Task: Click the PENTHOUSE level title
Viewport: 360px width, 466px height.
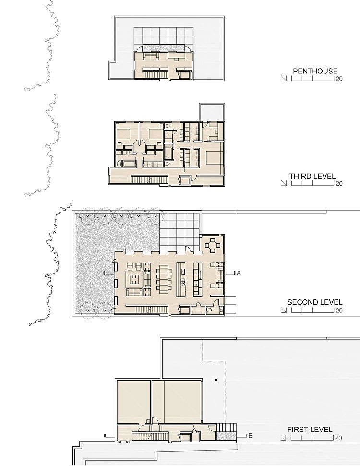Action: click(x=315, y=71)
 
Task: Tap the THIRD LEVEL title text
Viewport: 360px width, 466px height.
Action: click(x=312, y=176)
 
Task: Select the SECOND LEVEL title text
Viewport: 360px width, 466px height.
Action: click(x=314, y=302)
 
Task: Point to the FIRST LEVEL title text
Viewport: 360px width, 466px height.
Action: click(x=310, y=430)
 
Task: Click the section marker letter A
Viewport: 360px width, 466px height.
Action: click(x=239, y=273)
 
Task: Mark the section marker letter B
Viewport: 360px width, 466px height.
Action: click(x=250, y=435)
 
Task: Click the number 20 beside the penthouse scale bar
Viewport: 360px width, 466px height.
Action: click(x=339, y=79)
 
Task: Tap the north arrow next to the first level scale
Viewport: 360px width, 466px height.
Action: click(x=284, y=438)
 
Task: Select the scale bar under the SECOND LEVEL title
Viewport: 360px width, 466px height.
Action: click(x=312, y=311)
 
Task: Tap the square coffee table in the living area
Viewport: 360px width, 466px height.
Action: click(x=134, y=279)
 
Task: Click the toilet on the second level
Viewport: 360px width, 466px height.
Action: click(x=209, y=311)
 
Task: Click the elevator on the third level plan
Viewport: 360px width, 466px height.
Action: click(x=184, y=180)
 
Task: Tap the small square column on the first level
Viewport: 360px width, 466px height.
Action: click(x=216, y=380)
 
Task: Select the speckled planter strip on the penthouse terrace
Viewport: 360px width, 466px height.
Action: click(x=164, y=48)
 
